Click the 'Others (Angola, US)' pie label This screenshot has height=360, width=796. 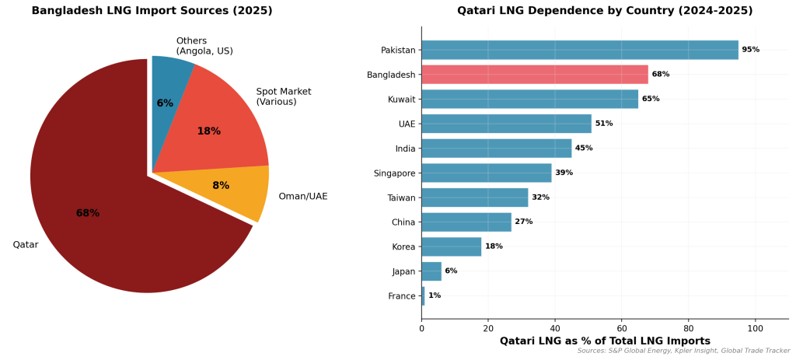204,46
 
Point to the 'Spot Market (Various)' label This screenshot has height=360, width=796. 284,96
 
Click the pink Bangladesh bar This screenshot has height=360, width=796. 535,75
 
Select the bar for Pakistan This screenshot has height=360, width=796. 580,50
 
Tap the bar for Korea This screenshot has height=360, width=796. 451,246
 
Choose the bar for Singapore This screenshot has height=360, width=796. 486,173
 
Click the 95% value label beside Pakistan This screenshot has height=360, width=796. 750,50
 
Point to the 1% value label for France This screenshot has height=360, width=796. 435,296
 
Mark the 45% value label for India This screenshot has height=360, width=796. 584,149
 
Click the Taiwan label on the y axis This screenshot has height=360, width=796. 402,197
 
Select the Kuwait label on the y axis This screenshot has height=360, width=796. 401,100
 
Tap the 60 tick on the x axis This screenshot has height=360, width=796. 621,328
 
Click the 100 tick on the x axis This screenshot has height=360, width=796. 754,328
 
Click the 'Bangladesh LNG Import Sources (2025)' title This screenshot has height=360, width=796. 152,11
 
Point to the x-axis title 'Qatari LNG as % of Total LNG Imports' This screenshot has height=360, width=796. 605,341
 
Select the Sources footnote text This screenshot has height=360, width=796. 683,351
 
